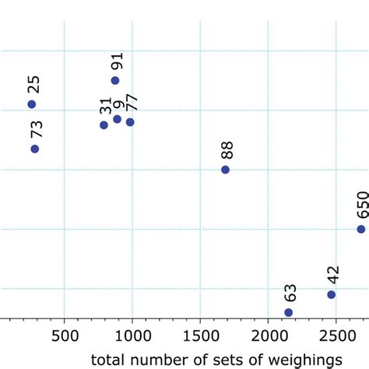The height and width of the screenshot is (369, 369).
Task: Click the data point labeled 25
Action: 32,104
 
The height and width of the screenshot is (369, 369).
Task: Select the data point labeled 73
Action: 35,149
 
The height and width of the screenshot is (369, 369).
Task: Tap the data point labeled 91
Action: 115,80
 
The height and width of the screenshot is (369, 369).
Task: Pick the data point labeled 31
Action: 104,125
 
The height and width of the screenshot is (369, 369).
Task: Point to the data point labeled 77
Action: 130,121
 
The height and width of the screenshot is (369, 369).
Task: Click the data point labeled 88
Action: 225,170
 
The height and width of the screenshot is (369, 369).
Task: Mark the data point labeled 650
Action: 360,229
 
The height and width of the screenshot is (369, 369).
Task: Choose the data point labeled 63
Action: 289,312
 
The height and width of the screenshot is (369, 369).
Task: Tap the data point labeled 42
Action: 331,294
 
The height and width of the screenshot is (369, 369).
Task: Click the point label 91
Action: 116,62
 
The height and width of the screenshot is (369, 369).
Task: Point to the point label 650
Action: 361,206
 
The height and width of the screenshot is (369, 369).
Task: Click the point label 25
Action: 33,85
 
